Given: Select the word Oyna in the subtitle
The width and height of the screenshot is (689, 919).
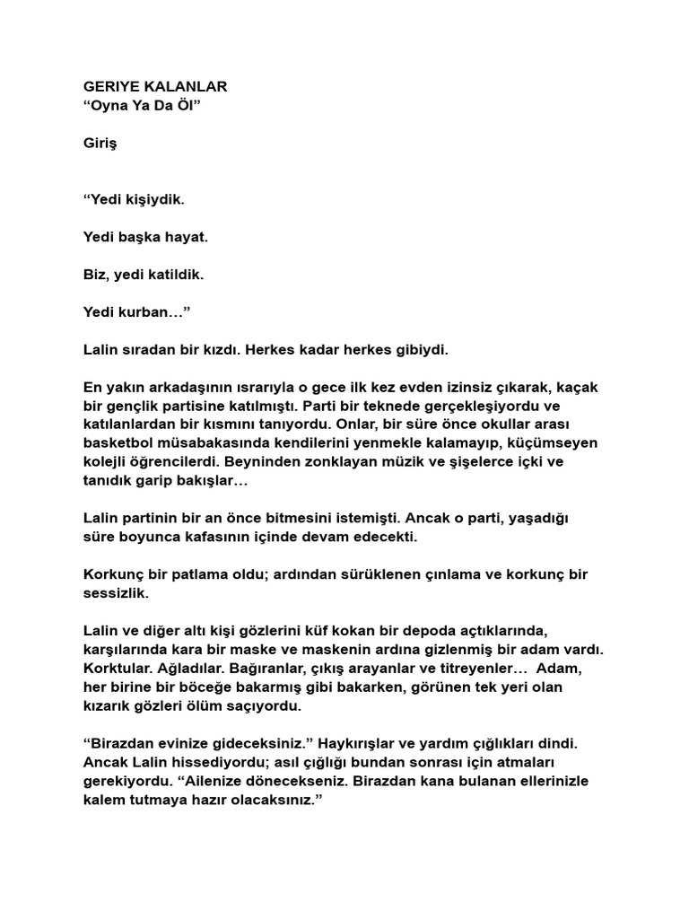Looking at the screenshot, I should [112, 106].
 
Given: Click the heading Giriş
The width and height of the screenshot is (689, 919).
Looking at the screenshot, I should [100, 143].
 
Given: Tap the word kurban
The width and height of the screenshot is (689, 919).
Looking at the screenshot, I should [153, 311].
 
